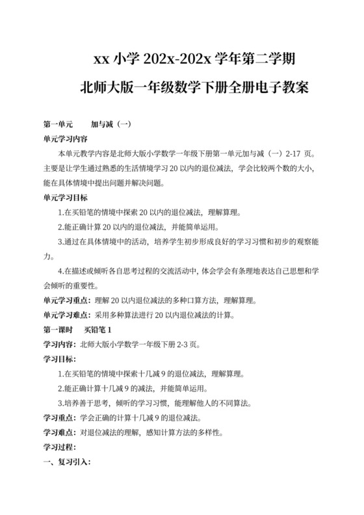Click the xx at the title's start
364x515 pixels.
[x=101, y=59]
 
